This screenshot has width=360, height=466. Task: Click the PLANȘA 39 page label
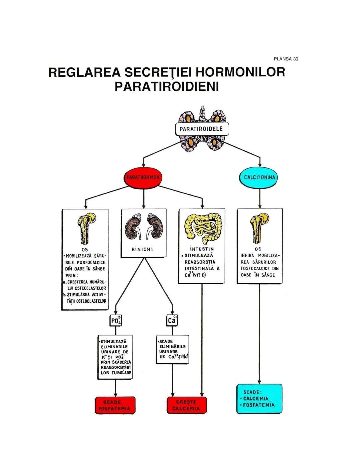click(286, 59)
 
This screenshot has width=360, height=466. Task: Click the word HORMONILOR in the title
click(240, 72)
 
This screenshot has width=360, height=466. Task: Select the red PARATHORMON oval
click(143, 177)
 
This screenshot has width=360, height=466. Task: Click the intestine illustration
click(202, 227)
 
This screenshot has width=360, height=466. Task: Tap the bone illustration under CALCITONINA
click(259, 228)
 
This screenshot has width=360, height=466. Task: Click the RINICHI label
click(142, 250)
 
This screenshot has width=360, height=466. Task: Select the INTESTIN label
click(202, 249)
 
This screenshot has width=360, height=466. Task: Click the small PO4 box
click(116, 321)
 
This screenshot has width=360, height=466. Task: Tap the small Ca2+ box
click(172, 320)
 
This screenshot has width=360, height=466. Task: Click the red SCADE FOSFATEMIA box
click(115, 405)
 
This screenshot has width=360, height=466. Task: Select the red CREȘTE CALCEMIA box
click(186, 405)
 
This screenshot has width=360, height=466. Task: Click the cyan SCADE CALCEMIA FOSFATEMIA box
click(259, 399)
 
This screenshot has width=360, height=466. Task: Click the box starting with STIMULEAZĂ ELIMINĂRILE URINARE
click(115, 357)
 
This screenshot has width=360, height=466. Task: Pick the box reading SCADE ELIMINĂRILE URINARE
click(173, 349)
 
